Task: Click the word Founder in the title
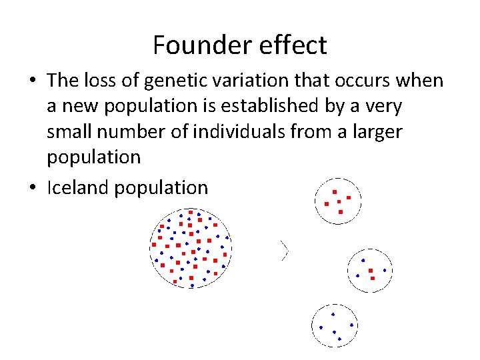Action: point(196,45)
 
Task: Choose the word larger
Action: point(377,131)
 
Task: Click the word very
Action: point(382,106)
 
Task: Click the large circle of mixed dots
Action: point(191,248)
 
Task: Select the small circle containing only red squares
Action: point(337,201)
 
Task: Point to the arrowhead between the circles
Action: point(285,250)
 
